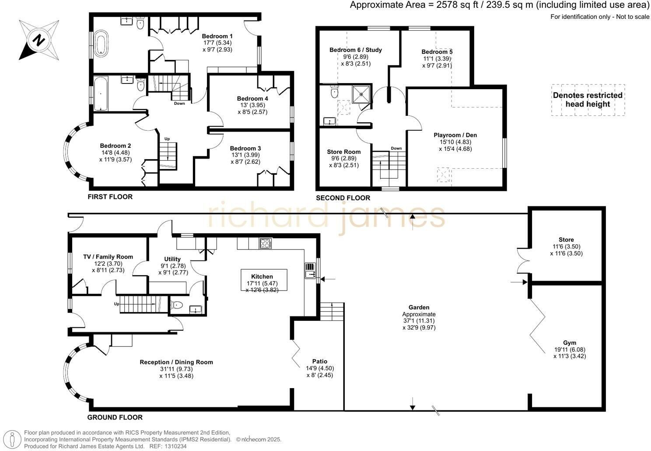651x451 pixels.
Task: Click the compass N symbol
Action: tap(38, 40)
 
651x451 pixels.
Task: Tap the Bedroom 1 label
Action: tap(217, 36)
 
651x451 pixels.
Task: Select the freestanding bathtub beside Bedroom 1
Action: tap(101, 44)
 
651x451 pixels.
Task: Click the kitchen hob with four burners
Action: tap(266, 243)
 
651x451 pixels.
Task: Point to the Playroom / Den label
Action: tap(455, 135)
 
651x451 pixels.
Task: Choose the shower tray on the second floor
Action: tap(361, 94)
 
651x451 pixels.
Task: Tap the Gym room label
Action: tap(569, 343)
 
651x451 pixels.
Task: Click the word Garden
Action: tap(419, 307)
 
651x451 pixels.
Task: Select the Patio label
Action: tap(320, 361)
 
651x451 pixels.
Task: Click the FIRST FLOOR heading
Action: tap(110, 197)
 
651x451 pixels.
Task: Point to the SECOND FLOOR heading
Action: tap(343, 198)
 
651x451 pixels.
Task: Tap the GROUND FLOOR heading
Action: tap(115, 417)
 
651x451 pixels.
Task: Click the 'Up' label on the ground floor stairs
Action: tap(116, 304)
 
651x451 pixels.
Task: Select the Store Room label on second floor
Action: tap(343, 152)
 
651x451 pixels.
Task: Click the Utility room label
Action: tap(172, 259)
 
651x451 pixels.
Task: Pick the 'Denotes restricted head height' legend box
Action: tap(588, 100)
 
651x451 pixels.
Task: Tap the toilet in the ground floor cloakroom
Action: tap(177, 305)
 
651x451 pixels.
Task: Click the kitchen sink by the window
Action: tap(310, 274)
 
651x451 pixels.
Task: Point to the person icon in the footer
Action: tap(12, 439)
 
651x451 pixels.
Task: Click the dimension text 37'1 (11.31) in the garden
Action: tap(419, 321)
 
